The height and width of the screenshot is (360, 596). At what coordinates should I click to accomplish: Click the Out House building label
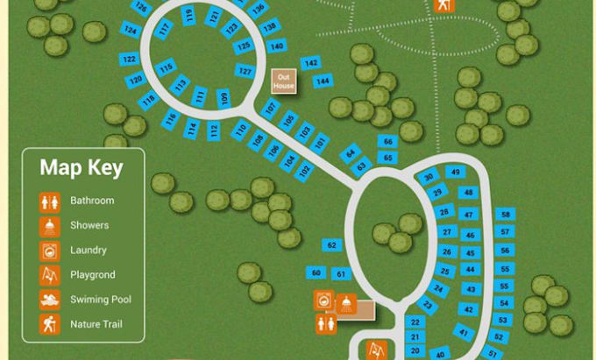284,81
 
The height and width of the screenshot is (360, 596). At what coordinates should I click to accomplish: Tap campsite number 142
310,63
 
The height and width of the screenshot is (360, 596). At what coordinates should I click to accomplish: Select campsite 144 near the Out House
323,81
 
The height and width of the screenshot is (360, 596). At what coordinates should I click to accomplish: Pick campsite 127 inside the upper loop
245,71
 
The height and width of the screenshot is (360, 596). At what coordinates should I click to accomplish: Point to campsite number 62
331,245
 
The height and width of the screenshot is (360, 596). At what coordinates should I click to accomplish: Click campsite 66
387,141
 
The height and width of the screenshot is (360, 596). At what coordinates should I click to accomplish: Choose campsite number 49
455,172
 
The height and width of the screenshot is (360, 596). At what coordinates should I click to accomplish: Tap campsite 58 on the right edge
504,215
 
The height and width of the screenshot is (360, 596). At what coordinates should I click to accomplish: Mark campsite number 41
462,332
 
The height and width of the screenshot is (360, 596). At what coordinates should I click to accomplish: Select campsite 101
321,141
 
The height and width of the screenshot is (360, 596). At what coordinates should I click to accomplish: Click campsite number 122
129,60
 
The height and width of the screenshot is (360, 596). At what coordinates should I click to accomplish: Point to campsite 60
317,273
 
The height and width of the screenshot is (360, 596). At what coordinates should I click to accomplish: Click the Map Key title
82,167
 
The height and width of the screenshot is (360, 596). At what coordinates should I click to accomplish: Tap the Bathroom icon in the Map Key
50,201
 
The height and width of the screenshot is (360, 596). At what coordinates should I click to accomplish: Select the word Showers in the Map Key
89,225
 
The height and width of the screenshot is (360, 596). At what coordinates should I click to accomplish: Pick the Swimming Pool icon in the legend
50,300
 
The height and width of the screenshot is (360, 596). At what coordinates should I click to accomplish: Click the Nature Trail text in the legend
96,324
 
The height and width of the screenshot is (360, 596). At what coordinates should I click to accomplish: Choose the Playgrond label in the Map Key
92,275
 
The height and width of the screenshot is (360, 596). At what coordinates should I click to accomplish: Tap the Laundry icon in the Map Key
50,251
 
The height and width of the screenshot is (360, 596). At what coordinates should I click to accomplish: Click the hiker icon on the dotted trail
444,5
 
